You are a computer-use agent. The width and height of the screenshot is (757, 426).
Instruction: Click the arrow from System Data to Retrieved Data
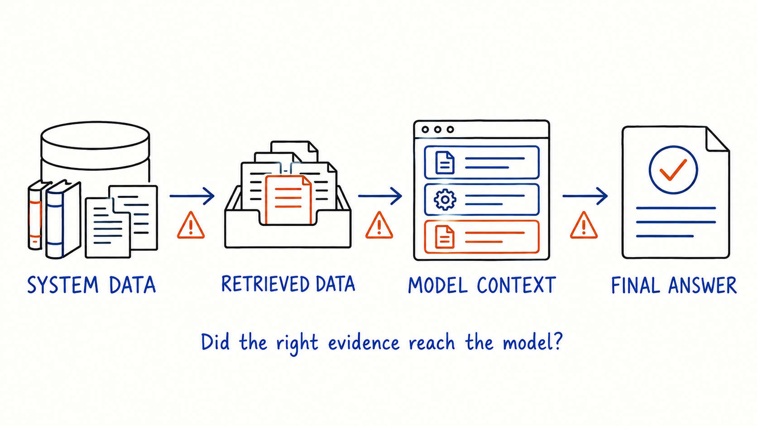coord(192,196)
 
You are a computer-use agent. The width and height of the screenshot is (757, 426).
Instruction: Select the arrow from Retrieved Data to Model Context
coord(380,196)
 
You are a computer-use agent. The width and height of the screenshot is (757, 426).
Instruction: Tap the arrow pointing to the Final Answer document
coord(585,196)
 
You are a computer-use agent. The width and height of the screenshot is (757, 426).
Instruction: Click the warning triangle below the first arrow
coord(191,225)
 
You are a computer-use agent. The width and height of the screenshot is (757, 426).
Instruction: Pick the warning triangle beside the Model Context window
coord(379,225)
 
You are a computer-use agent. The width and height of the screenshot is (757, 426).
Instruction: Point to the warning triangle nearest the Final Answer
coord(584,225)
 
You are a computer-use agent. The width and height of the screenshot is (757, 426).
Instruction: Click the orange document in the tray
coord(288,199)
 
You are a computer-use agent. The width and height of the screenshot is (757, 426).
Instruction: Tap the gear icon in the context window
coord(445,200)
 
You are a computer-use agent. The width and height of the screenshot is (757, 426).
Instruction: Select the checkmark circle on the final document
coord(673,170)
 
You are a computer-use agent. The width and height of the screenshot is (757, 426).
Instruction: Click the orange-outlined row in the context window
coord(482,237)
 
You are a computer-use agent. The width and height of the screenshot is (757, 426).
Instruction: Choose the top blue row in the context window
coord(482,162)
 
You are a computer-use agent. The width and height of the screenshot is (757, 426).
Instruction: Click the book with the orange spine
coord(35,215)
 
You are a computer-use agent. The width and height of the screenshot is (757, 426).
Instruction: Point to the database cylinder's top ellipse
coord(95,135)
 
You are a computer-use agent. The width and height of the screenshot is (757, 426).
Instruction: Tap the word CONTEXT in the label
coord(517,285)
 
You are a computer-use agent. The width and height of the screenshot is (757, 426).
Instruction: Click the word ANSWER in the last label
coord(703,285)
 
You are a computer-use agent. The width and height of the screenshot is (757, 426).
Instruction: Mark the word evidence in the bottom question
coord(364,343)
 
